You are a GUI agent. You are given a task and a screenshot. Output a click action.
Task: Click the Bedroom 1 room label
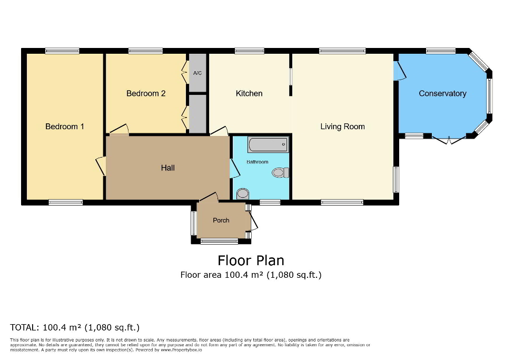pos(65,127)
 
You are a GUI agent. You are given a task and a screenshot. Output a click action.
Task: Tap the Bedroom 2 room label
pos(146,93)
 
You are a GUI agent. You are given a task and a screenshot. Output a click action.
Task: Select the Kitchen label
pos(249,93)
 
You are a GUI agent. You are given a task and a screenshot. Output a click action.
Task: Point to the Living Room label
pos(342,127)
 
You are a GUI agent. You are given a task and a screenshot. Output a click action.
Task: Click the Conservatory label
pos(442,93)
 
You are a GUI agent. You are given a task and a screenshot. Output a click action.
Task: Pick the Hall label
pos(167,168)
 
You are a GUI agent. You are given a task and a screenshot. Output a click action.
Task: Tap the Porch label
pos(221,220)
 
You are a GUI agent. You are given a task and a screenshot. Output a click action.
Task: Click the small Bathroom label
pos(258,162)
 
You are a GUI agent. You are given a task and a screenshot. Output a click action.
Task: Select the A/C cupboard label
pos(197,73)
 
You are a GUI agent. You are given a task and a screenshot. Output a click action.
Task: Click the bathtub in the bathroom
pos(268,144)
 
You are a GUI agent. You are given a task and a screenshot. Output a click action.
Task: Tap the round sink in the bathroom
pos(243,193)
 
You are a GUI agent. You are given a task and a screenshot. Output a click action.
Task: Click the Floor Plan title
pos(251,260)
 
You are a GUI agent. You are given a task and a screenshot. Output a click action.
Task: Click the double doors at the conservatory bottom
pos(449,140)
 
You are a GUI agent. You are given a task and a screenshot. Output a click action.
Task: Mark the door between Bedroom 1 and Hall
pos(100,166)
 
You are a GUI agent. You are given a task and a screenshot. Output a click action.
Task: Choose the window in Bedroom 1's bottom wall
pos(65,202)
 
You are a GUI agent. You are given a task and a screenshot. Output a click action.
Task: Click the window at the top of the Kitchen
pos(249,51)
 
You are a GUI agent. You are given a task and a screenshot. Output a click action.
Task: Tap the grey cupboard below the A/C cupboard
pos(197,113)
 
